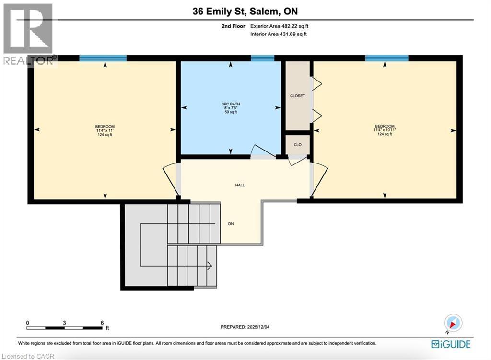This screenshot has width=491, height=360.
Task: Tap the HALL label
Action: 240,185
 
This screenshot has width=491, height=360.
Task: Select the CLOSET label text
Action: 297,96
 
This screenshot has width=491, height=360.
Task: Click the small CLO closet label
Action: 297,144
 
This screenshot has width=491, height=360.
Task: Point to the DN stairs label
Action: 231,224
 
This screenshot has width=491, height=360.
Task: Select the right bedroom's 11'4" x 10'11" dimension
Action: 385,130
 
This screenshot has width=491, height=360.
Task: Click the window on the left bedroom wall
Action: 103,58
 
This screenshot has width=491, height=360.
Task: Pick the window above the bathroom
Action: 262,58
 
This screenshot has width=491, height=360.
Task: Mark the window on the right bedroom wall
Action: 386,58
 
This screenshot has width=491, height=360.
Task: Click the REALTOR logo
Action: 28,34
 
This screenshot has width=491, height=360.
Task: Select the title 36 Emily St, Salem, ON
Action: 245,12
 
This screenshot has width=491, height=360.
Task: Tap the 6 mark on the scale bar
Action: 102,323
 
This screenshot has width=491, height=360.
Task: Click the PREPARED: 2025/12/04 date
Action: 248,327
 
